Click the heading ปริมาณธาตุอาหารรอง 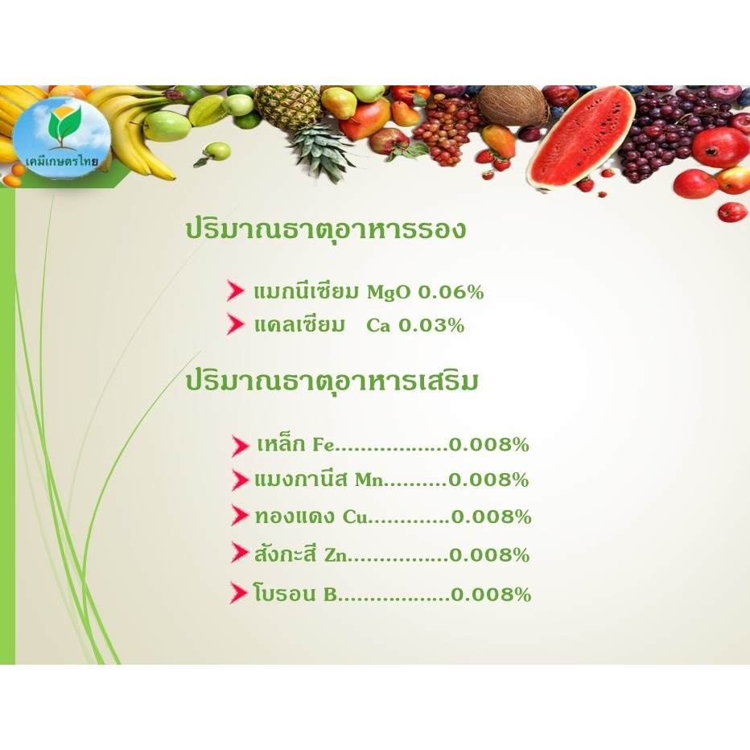tap(325, 230)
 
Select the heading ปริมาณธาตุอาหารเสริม tap(332, 382)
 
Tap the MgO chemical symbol tap(389, 292)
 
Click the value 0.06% tap(451, 292)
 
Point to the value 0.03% tap(431, 325)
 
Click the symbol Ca tap(378, 326)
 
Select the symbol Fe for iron tap(323, 445)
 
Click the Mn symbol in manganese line tap(369, 480)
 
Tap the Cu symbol tap(354, 517)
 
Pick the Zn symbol tap(336, 555)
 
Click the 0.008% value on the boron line tap(491, 595)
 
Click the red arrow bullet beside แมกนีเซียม tap(235, 291)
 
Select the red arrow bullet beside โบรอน tap(238, 592)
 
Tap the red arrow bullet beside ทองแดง tap(239, 515)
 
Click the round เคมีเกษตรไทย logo tap(61, 138)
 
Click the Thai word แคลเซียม tap(299, 325)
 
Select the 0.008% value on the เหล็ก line tap(488, 445)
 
